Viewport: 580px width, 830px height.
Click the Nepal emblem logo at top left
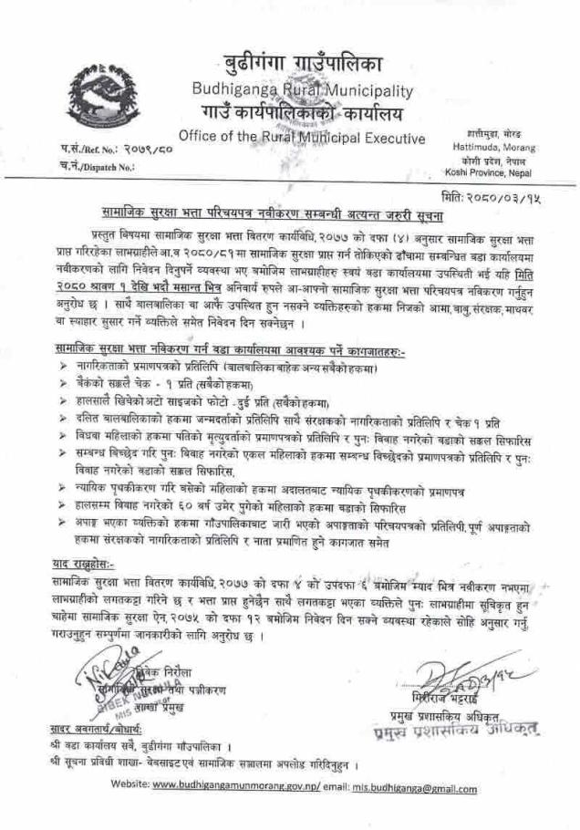tap(99, 92)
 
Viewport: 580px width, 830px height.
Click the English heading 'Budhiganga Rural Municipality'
tap(302, 90)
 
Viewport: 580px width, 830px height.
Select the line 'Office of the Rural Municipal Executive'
tap(302, 138)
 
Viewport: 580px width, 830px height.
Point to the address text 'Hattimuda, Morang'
tap(495, 144)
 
